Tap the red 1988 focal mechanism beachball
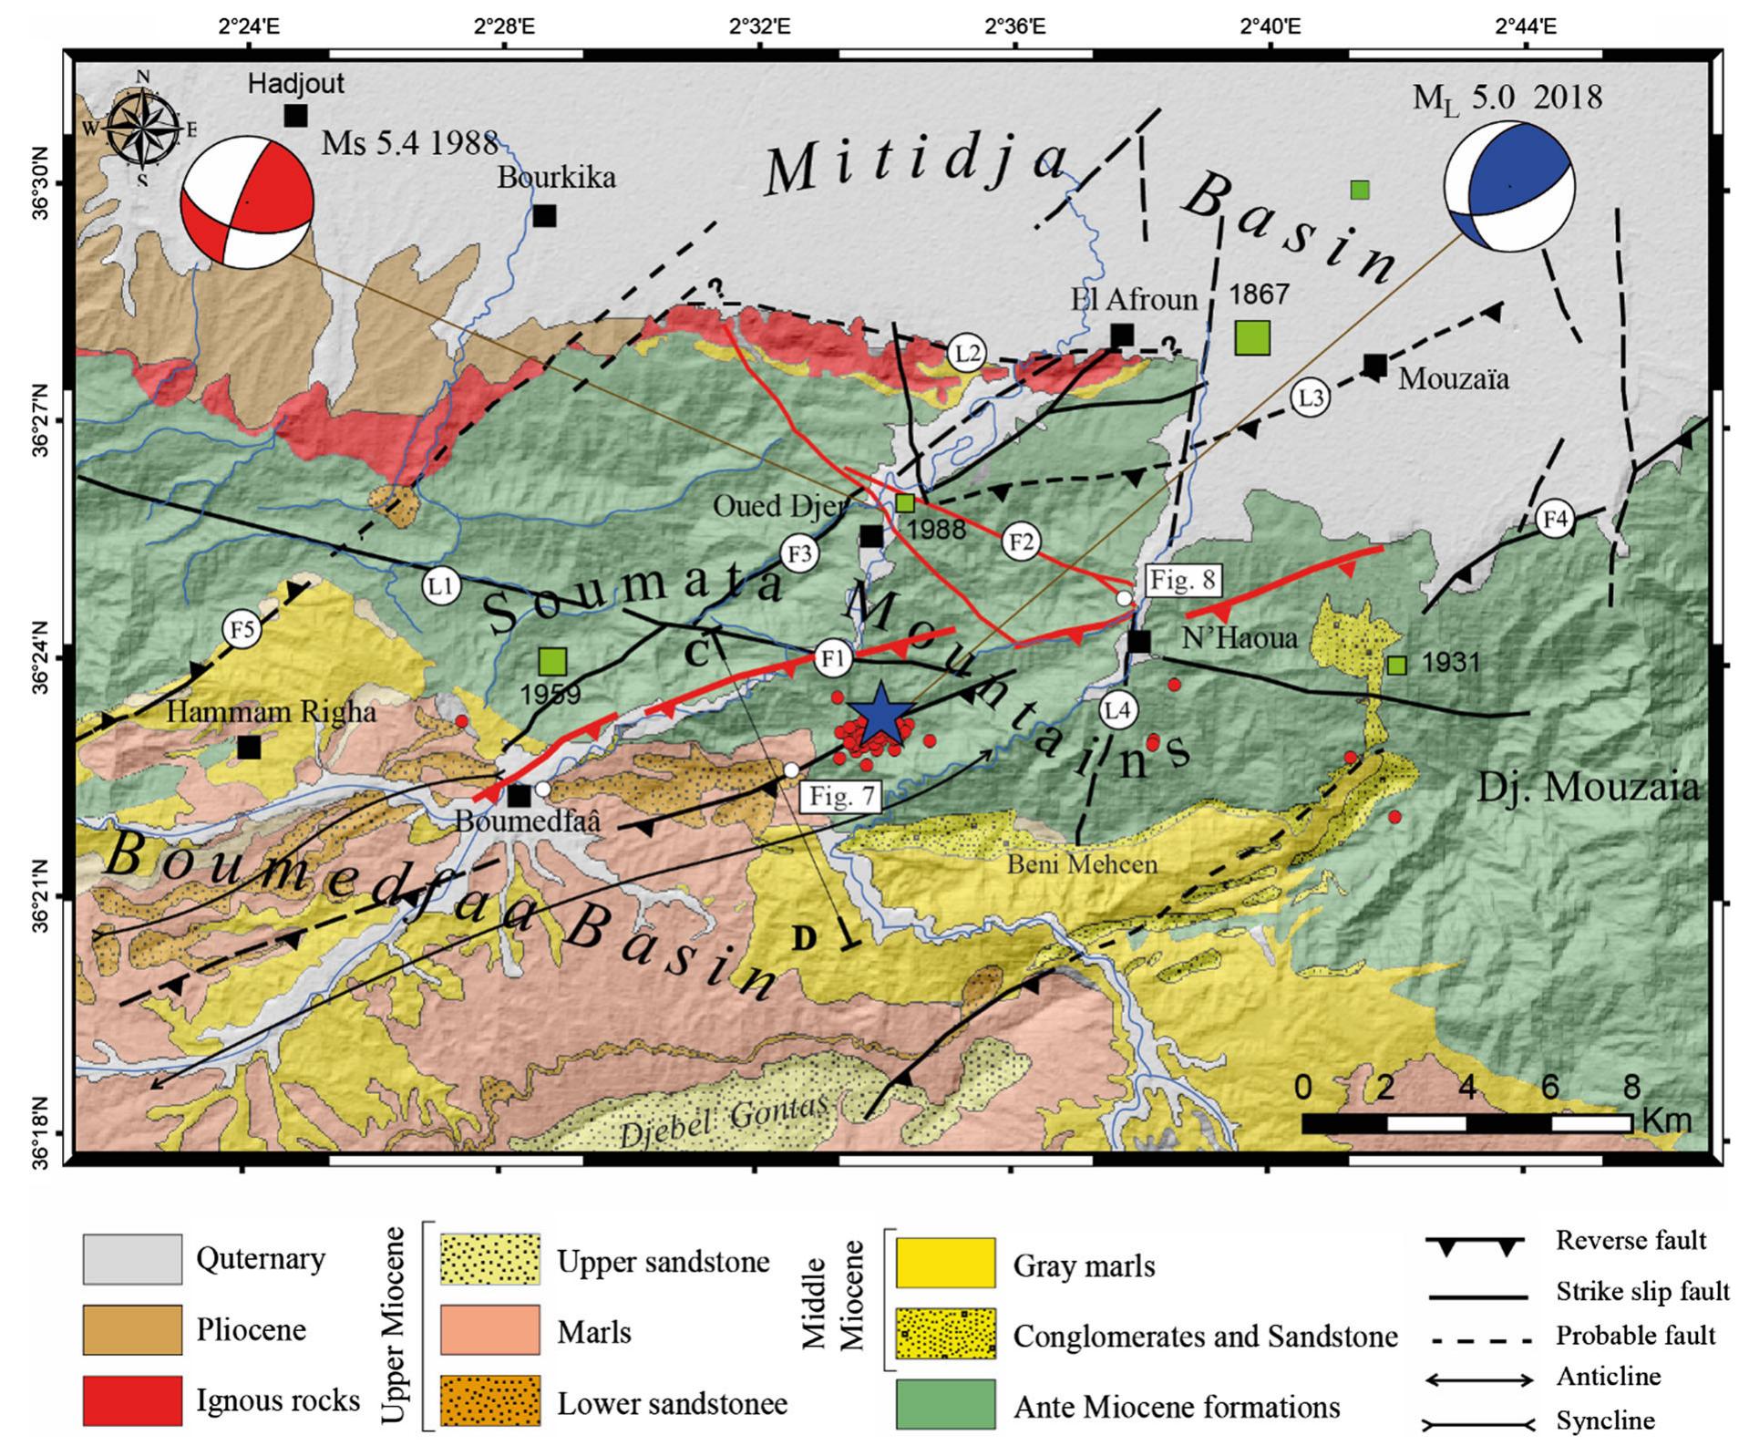click(247, 201)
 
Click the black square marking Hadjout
click(295, 116)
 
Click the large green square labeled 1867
click(1252, 336)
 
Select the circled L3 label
click(1310, 398)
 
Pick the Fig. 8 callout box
click(1182, 580)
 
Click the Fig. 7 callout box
click(841, 797)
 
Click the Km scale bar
click(1466, 1123)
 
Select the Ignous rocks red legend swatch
click(131, 1400)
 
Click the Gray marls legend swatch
click(945, 1264)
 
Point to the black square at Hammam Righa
click(249, 748)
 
